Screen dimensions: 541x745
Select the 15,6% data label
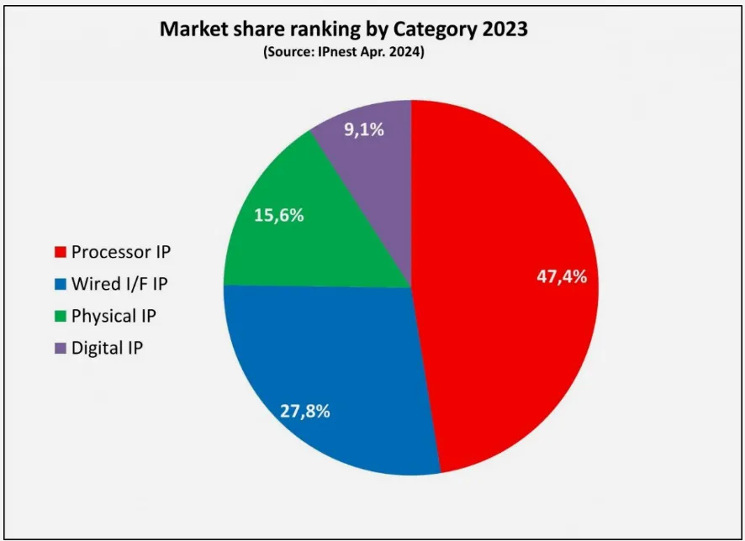278,215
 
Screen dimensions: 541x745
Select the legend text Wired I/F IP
119,284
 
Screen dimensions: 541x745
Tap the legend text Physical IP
114,316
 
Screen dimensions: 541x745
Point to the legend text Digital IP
107,348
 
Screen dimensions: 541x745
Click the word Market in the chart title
194,29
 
